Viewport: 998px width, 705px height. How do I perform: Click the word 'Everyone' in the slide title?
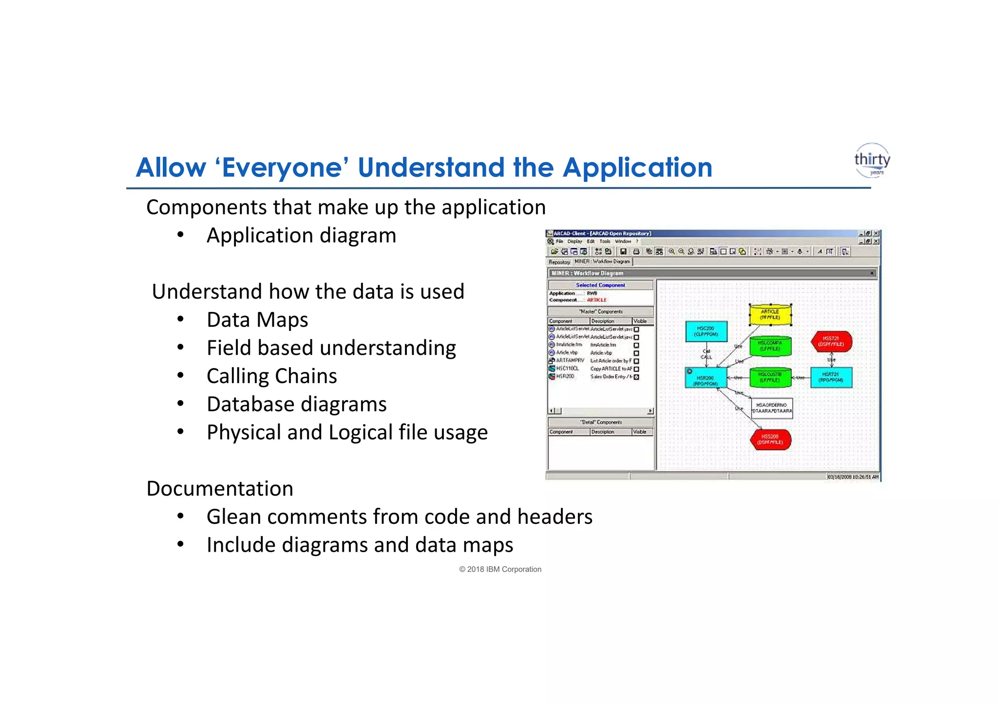pos(282,167)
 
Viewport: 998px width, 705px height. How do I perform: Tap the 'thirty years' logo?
pos(872,160)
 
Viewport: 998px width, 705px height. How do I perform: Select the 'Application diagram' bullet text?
pos(301,236)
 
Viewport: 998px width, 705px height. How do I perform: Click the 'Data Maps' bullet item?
pos(257,320)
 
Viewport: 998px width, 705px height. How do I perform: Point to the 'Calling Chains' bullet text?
pos(271,376)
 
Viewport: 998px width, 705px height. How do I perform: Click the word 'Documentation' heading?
pos(220,489)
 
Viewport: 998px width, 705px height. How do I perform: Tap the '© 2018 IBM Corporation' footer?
pos(500,569)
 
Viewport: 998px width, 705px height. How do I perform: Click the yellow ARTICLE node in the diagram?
pos(770,315)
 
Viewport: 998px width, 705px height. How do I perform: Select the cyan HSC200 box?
pos(706,331)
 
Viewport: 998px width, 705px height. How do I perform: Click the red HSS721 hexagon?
pos(831,341)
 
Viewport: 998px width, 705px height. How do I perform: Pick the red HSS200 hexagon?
pos(770,439)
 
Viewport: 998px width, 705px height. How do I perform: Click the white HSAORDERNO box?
pos(771,408)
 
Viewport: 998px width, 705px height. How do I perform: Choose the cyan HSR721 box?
pos(831,377)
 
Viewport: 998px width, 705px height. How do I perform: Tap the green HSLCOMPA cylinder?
pos(770,346)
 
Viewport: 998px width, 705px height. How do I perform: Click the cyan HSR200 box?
pos(706,378)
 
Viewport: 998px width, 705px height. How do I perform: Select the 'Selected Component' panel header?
pos(600,285)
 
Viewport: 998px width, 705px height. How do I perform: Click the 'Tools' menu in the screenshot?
pos(605,241)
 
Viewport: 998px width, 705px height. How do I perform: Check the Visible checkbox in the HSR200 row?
pos(636,377)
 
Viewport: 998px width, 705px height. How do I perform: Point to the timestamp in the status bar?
pos(852,477)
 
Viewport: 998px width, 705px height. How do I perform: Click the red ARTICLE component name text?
pos(596,300)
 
